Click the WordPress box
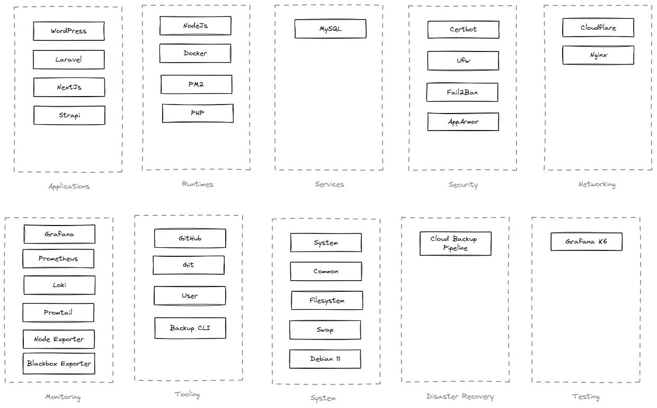[68, 31]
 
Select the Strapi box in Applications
[69, 115]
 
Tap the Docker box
[195, 53]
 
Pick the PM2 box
[196, 84]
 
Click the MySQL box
[330, 29]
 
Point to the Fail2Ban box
[462, 92]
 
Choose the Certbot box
[463, 29]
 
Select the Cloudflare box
[598, 28]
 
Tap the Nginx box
[598, 55]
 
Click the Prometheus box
[58, 258]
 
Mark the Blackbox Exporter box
[59, 363]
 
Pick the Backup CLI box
[190, 328]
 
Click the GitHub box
[190, 238]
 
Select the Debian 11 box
[325, 359]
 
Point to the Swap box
[325, 329]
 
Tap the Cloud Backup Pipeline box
[455, 244]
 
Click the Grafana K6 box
[586, 241]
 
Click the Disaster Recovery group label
[459, 396]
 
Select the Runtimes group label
[197, 184]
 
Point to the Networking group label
[597, 185]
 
